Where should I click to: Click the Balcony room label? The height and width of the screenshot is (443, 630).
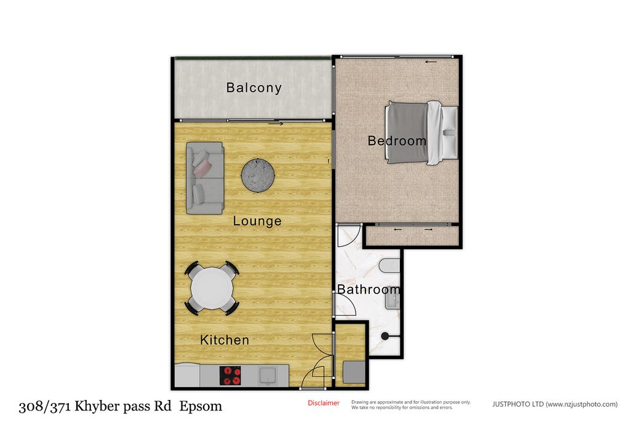click(254, 87)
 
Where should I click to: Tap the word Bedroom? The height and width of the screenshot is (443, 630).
click(397, 141)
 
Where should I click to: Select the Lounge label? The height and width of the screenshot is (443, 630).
click(257, 221)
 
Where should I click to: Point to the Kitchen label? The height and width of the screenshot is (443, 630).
click(225, 340)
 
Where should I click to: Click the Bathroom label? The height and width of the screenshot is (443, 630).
click(369, 289)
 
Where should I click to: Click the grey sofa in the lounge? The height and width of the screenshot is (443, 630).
click(205, 178)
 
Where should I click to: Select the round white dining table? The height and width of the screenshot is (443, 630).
click(212, 289)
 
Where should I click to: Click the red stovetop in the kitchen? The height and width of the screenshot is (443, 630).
click(230, 376)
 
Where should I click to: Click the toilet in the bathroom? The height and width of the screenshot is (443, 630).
click(389, 266)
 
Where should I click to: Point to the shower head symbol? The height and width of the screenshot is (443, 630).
click(385, 336)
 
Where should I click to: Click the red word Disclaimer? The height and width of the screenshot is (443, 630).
click(324, 403)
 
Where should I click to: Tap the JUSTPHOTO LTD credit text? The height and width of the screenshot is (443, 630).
click(555, 404)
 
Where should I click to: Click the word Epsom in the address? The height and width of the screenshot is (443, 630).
click(201, 407)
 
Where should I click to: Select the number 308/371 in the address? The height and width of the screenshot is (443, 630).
click(45, 407)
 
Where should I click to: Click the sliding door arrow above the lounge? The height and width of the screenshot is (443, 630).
click(276, 124)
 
